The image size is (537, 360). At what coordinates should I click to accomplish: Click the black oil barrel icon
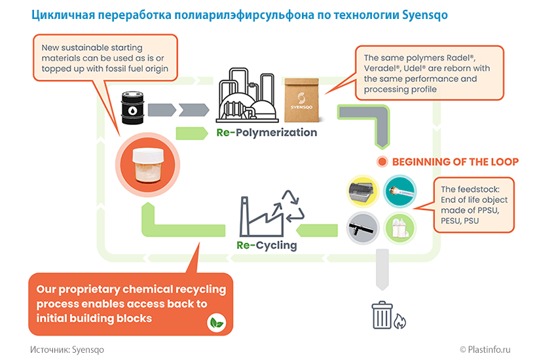[x=134, y=108]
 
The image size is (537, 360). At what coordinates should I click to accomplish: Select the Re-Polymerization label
[x=267, y=133]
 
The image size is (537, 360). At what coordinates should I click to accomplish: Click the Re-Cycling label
[x=267, y=246]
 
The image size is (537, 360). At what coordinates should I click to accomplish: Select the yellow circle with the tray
[x=361, y=192]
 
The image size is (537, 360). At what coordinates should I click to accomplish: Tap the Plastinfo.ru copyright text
[x=492, y=350]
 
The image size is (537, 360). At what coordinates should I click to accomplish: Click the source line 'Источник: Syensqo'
[x=67, y=350]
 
